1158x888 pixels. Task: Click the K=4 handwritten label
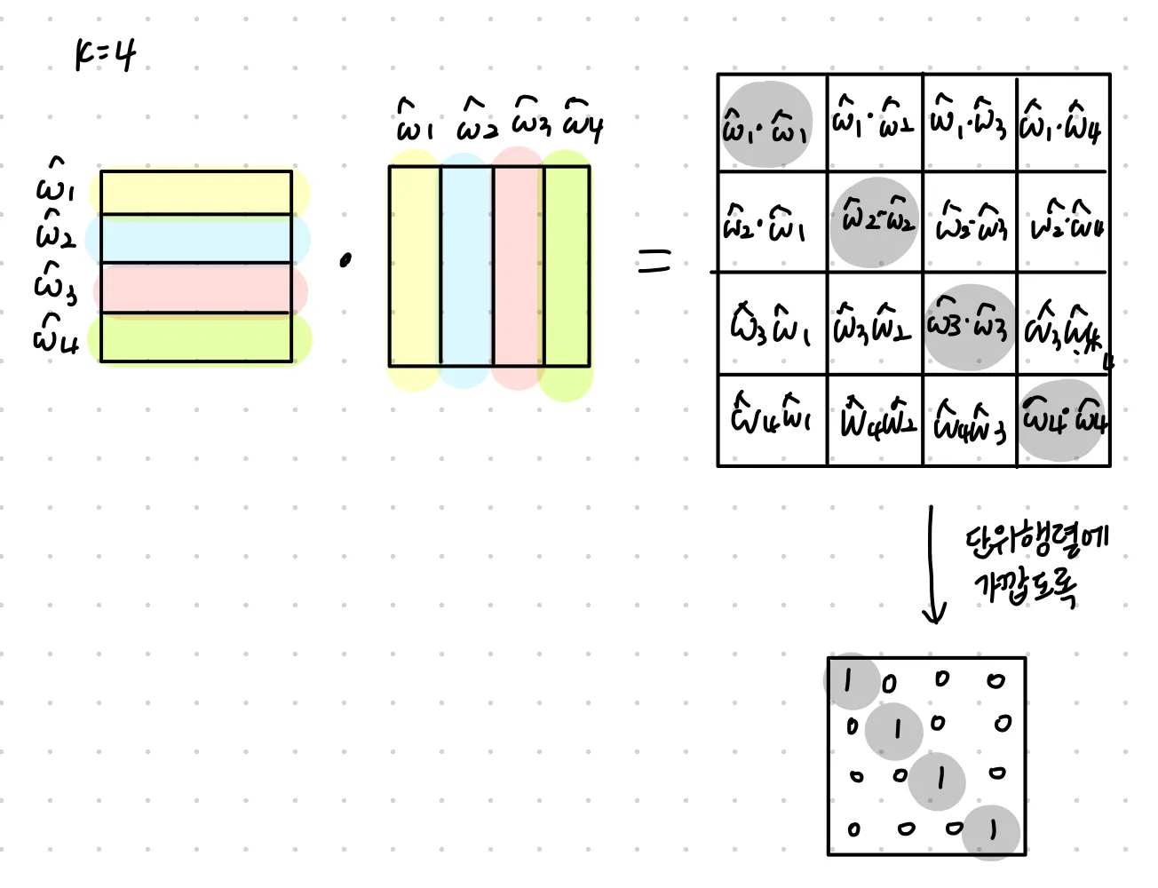click(105, 56)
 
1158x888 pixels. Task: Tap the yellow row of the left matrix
click(196, 193)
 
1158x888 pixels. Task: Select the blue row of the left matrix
click(196, 239)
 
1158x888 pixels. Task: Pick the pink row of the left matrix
click(196, 289)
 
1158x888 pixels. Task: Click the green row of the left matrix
click(196, 337)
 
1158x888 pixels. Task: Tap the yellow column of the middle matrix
click(415, 266)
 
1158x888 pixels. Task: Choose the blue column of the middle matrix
click(466, 266)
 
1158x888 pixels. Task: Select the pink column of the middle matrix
click(518, 266)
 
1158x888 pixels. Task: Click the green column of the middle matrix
click(567, 266)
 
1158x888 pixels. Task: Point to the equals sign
click(654, 260)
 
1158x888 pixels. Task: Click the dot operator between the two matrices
click(345, 259)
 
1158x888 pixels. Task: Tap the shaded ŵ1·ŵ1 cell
click(766, 125)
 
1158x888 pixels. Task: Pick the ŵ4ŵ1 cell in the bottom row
click(771, 416)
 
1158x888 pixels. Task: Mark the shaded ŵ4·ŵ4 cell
click(1063, 419)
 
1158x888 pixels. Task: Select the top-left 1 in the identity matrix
click(849, 680)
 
